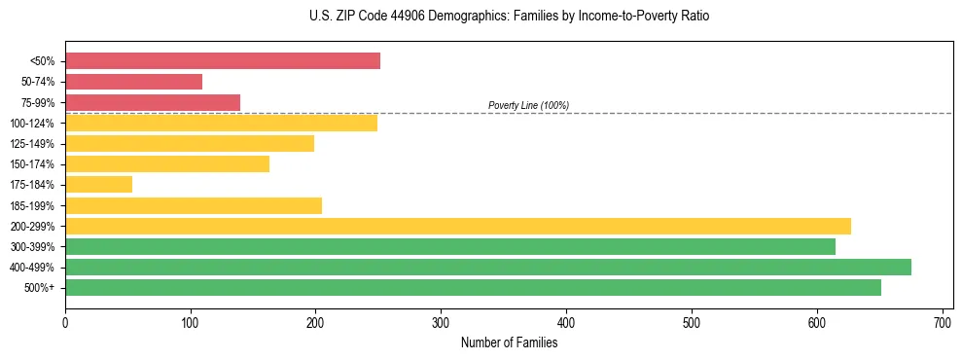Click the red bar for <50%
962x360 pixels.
pos(223,61)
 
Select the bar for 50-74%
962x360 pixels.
pos(133,82)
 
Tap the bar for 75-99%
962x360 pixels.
pos(153,102)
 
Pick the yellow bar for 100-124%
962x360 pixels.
pos(221,123)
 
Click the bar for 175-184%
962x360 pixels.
pos(98,184)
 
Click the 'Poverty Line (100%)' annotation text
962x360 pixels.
pos(528,105)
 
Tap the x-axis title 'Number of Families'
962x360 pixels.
pos(509,342)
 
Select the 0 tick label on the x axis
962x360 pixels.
pos(65,320)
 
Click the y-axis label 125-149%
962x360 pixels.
pos(33,144)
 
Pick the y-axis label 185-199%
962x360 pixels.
pos(33,205)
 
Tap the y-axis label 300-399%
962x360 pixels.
pos(33,247)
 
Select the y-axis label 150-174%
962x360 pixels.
pos(33,164)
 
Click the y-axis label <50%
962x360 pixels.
pos(42,61)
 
